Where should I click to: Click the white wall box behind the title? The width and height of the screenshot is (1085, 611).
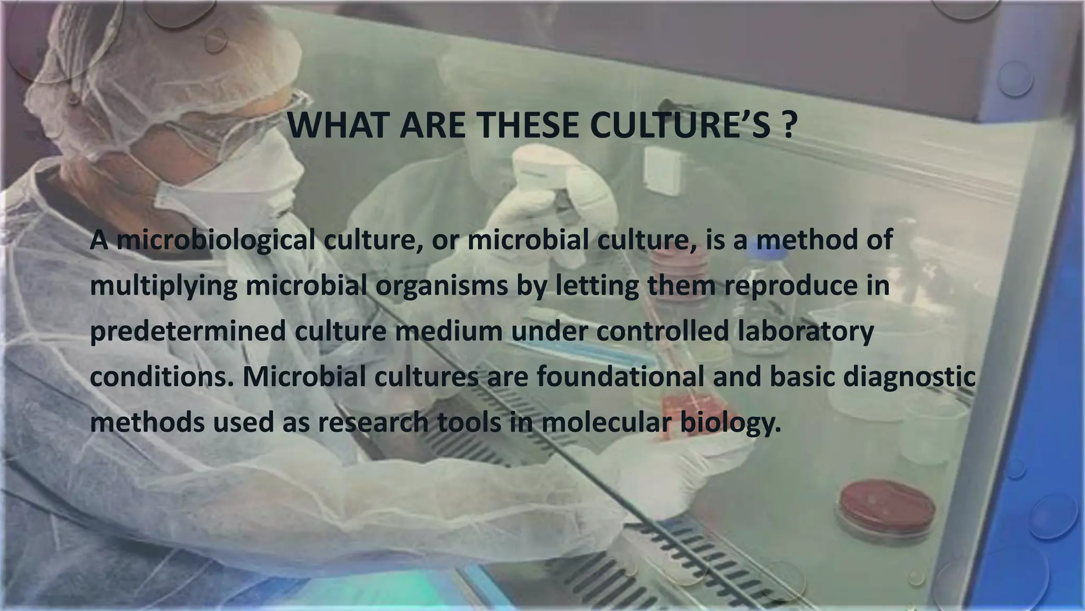pyautogui.click(x=663, y=170)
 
